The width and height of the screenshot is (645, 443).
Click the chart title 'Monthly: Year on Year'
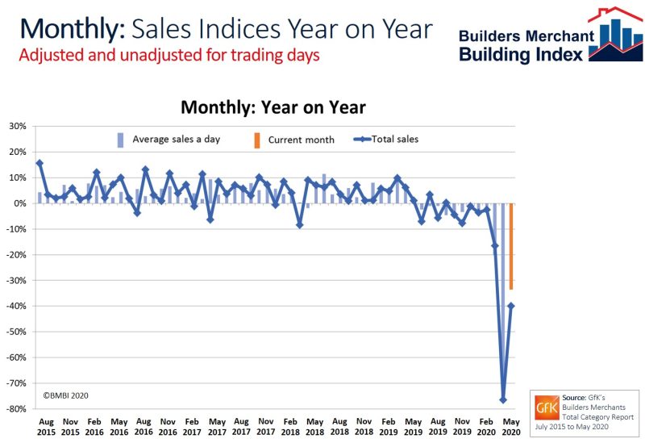tap(273, 107)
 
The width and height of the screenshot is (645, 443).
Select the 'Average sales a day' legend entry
tap(170, 139)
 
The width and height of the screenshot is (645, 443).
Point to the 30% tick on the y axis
tap(17, 126)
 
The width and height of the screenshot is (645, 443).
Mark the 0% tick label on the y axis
tap(20, 203)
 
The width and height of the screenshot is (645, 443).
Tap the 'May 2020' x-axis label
tap(511, 425)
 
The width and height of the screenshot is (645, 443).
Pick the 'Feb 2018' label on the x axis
tap(291, 425)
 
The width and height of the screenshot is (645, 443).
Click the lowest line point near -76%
tap(503, 400)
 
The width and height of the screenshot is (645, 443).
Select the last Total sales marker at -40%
tap(511, 306)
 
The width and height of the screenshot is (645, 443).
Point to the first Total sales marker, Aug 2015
tap(40, 163)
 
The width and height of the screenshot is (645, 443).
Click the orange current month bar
tap(511, 246)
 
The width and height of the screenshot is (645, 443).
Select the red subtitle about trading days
tap(169, 56)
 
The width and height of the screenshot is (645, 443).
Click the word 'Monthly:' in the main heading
tap(71, 28)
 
